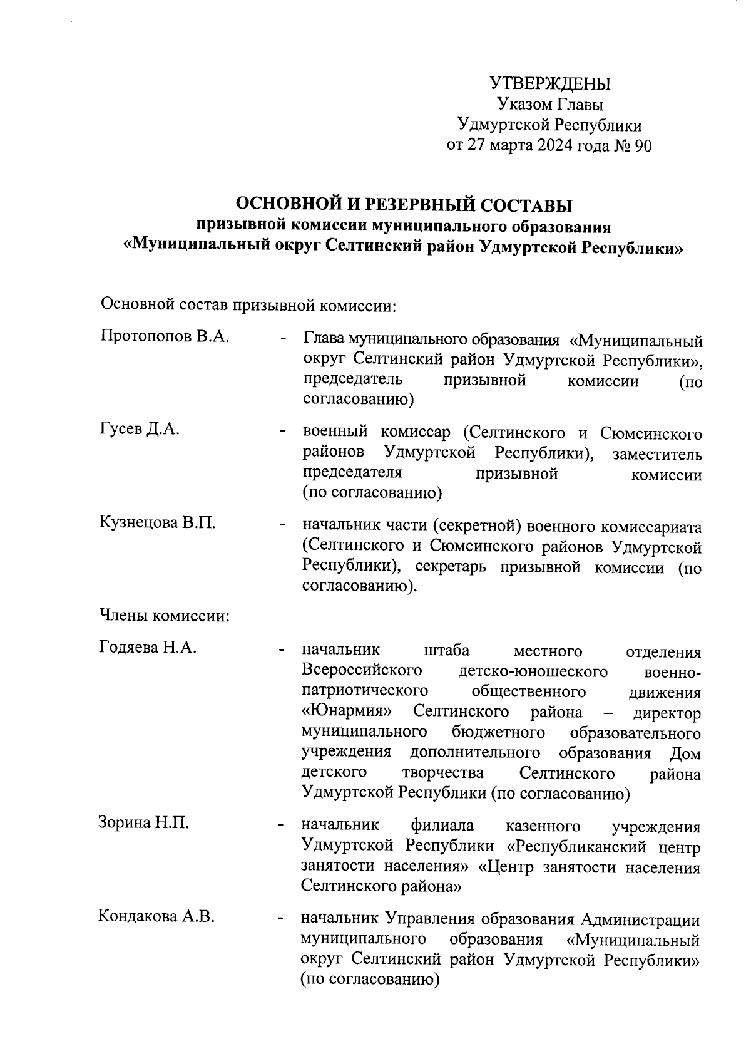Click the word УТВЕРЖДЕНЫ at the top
pos(549,84)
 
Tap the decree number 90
pos(643,146)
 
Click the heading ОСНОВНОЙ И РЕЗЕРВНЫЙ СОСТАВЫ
pos(404,205)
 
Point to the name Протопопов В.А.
pos(164,336)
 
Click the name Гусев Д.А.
pos(140,429)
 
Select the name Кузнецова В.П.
pos(158,523)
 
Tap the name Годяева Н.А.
pos(148,647)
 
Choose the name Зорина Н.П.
pos(144,822)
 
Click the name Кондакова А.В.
pos(156,917)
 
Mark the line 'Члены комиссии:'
pos(164,616)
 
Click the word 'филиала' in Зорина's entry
pos(442,826)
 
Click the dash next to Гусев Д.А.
pos(284,432)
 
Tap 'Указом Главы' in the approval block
pos(550,105)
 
